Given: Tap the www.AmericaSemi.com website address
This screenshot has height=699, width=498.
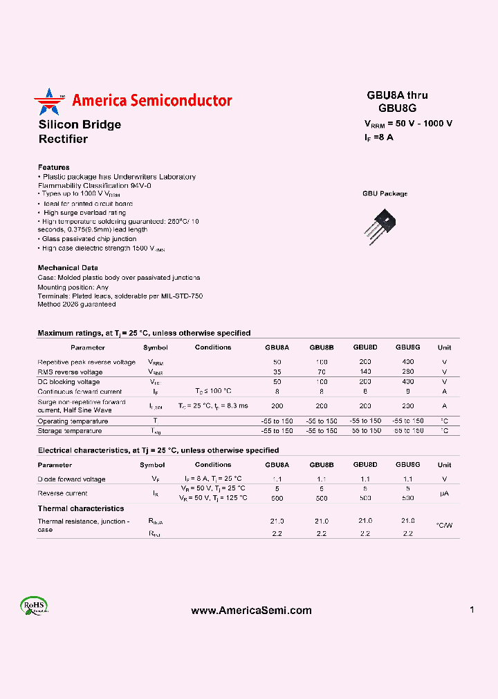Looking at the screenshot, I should click(x=251, y=611).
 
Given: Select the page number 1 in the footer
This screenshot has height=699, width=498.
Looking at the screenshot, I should click(x=472, y=610).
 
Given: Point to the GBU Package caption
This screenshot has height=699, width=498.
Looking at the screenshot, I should click(x=385, y=193).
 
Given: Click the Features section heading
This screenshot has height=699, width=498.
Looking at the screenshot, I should click(x=53, y=167).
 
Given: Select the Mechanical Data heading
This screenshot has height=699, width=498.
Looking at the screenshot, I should click(x=68, y=267).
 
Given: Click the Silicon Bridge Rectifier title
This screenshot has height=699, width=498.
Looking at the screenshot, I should click(x=80, y=131).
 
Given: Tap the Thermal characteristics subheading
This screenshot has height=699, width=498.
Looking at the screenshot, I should click(x=81, y=508).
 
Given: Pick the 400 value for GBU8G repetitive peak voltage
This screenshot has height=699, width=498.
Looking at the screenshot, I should click(x=408, y=362).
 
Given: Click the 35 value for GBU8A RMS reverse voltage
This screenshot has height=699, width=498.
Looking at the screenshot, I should click(x=277, y=372).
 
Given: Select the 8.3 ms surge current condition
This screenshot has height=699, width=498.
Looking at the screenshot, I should click(x=213, y=405).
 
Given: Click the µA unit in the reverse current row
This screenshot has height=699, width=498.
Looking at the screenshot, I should click(x=444, y=493).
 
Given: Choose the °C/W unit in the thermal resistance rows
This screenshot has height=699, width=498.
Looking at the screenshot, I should click(x=444, y=526).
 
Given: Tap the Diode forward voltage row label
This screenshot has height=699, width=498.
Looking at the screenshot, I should click(x=71, y=479).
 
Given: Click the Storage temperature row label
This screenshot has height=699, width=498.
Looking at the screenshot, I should click(x=70, y=431).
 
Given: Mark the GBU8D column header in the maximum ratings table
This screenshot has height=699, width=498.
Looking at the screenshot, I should click(x=365, y=347).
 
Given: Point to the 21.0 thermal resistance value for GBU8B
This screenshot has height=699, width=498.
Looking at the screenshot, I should click(x=322, y=521).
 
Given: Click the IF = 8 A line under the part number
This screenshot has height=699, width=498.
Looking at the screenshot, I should click(x=379, y=137).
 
